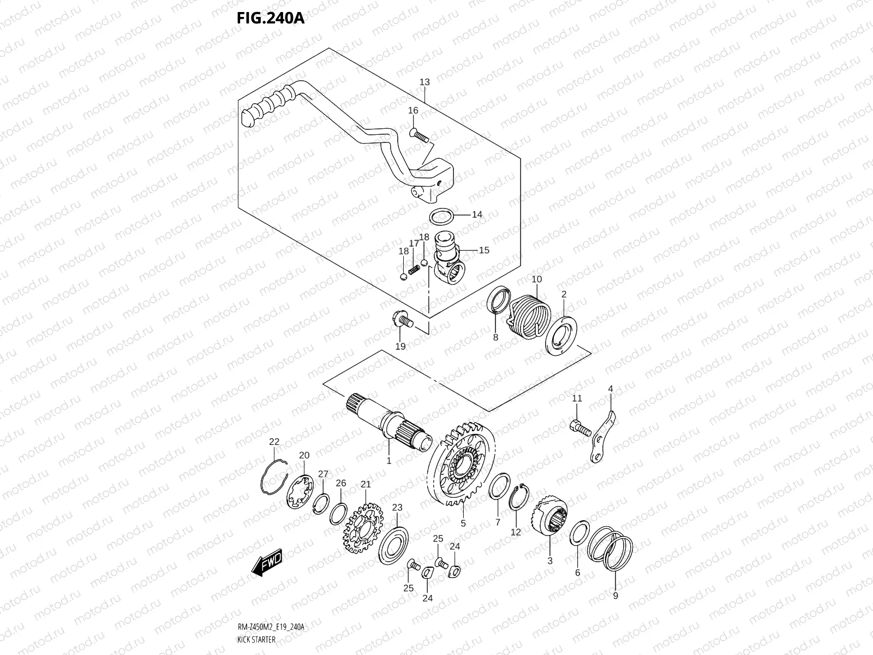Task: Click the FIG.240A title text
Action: (x=270, y=18)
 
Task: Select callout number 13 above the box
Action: (x=424, y=82)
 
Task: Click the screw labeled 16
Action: (x=420, y=134)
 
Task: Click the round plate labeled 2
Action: (x=561, y=333)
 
